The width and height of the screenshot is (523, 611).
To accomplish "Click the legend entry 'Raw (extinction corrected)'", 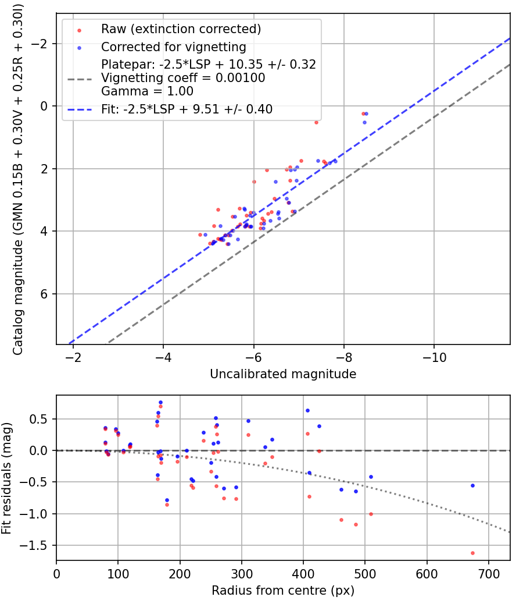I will (181, 29).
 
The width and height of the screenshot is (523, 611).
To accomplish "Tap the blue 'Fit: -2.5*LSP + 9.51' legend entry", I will (187, 109).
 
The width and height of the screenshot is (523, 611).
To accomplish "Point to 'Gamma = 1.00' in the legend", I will (147, 91).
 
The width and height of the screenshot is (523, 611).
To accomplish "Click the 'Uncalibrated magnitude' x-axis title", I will (283, 374).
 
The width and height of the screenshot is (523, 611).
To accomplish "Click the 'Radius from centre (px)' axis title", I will (283, 591).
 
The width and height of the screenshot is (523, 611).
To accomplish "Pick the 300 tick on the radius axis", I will (242, 573).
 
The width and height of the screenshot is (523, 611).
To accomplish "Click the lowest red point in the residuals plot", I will (472, 553).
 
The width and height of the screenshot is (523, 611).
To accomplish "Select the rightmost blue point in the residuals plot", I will (472, 485).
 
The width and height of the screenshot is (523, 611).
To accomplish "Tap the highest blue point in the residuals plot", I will (160, 402).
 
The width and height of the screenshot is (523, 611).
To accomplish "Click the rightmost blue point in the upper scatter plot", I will (366, 113).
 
